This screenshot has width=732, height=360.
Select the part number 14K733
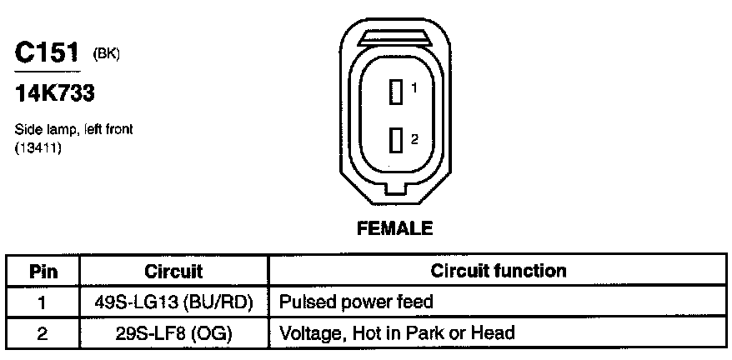click(x=55, y=94)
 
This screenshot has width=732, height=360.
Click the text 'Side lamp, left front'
click(x=73, y=130)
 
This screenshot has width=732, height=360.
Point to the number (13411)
click(x=38, y=147)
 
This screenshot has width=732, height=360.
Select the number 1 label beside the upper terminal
click(x=414, y=87)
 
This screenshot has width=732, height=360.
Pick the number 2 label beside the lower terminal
click(x=414, y=138)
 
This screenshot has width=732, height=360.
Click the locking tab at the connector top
click(x=395, y=37)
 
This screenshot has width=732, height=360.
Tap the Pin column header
click(x=43, y=271)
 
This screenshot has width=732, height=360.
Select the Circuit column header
click(x=173, y=271)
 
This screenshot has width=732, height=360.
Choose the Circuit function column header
click(x=498, y=271)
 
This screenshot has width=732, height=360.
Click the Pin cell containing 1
click(x=43, y=301)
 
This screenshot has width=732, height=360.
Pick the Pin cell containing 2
click(x=43, y=332)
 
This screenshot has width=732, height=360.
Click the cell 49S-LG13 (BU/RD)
click(x=173, y=301)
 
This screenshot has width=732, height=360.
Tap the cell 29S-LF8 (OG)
click(x=173, y=332)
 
